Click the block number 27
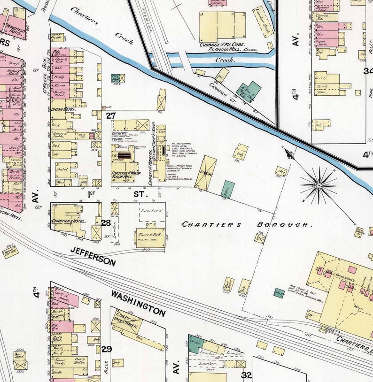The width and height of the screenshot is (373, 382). [x=111, y=115]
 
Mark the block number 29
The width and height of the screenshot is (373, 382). [x=107, y=349]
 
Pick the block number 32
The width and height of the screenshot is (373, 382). [x=246, y=374]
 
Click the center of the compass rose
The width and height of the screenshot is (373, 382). [x=319, y=185]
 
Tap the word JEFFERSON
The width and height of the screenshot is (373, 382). [x=93, y=257]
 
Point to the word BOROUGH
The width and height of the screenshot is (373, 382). [x=284, y=225]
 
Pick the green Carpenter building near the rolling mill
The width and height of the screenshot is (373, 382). [x=279, y=293]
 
